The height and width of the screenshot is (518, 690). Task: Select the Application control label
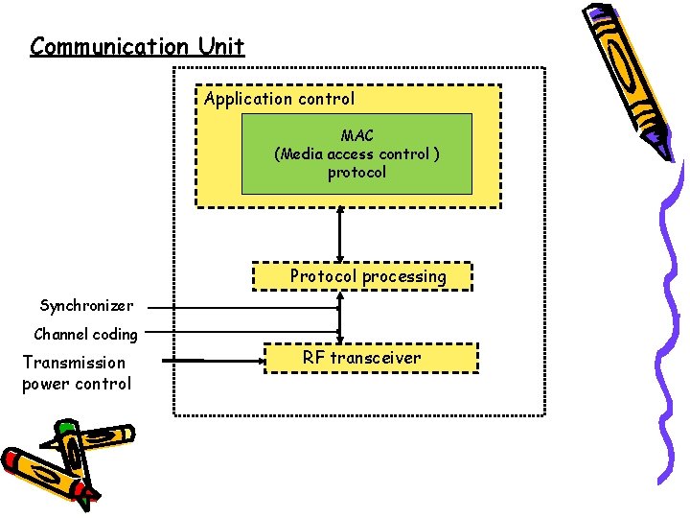pos(279,99)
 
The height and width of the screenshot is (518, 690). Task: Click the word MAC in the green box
pos(356,136)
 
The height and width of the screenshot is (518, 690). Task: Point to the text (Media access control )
pos(356,154)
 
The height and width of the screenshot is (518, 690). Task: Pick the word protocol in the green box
pos(356,173)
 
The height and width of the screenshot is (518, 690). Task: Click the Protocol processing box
pos(367,276)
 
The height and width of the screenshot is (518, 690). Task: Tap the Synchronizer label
pos(86,306)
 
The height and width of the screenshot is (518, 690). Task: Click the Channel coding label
pos(85,335)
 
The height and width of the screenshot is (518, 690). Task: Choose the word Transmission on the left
pos(74,363)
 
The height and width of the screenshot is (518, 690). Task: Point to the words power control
pos(76,384)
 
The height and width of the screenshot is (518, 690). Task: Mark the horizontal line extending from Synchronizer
pos(240,308)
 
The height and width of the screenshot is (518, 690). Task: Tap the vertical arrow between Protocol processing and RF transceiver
pos(339,317)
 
